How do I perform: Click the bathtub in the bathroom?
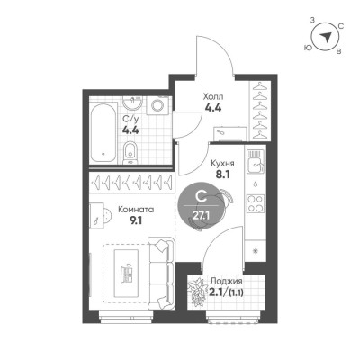coord(103,132)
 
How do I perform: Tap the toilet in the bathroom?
coord(130,152)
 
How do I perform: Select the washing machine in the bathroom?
coord(157,105)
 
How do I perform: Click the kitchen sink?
coord(256,162)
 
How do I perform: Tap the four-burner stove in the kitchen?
coord(256,203)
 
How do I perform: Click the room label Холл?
coord(213,97)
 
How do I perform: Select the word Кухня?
coord(222,164)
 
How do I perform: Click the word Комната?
coord(136,210)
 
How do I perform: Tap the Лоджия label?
coord(226,281)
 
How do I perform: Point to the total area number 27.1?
coord(200,215)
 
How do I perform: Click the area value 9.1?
coord(136,220)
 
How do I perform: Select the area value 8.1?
coord(223,175)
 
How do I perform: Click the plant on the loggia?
coord(197,292)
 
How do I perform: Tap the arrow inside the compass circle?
coord(325,37)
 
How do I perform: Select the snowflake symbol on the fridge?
coord(256,251)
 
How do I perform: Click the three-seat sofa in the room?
coord(161,273)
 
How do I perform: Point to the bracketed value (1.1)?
coord(236,292)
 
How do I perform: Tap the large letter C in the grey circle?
coord(200,197)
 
